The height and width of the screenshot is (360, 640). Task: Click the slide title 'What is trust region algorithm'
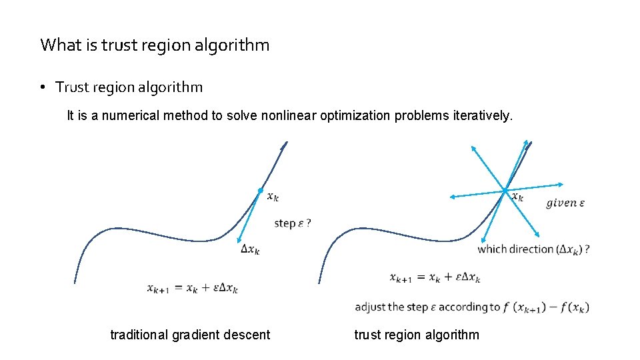click(155, 45)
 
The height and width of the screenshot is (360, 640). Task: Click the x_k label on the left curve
click(273, 197)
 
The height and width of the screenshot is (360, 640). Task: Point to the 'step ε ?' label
click(293, 223)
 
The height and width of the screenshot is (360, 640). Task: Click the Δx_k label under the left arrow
click(250, 250)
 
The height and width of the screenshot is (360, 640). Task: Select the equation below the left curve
click(193, 288)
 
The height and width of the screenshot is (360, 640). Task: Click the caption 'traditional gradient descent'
click(190, 335)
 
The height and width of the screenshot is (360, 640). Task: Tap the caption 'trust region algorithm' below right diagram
click(417, 335)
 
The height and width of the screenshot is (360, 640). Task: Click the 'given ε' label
click(565, 203)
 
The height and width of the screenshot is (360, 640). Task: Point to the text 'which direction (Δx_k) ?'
click(533, 249)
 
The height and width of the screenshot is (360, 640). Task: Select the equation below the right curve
click(435, 277)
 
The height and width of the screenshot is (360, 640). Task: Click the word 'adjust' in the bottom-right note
click(369, 307)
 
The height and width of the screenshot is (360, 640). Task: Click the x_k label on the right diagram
click(517, 197)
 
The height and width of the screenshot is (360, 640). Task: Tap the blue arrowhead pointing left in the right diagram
click(453, 197)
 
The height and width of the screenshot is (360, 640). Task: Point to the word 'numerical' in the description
click(138, 115)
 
